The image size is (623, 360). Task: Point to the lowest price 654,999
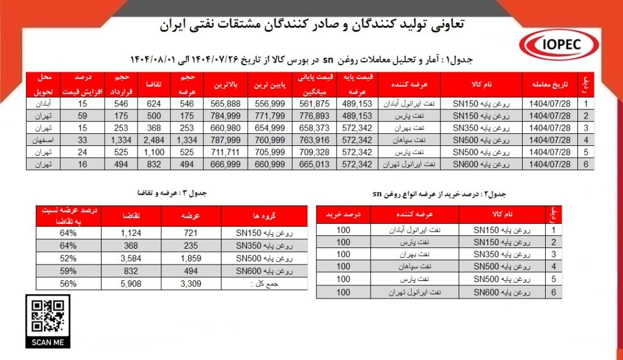point(271,128)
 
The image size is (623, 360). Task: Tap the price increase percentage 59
point(83,116)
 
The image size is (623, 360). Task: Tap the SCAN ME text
point(47,342)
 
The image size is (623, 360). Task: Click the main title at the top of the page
point(312,24)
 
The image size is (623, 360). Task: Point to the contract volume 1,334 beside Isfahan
point(118,140)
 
